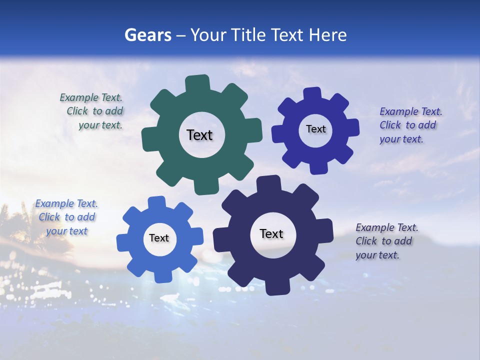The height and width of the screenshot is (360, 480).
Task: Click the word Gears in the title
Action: coord(147,35)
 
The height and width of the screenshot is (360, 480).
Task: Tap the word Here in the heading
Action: coord(328,35)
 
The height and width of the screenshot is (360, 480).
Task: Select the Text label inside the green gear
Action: coord(199,135)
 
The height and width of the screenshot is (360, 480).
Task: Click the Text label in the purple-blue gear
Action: coord(315,129)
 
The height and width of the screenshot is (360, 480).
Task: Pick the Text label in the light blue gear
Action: coord(159,238)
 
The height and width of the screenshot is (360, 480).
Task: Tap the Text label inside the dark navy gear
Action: coord(271,233)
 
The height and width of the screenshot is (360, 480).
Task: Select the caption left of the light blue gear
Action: coord(66,217)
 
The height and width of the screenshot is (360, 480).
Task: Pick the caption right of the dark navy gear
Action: coord(386,241)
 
